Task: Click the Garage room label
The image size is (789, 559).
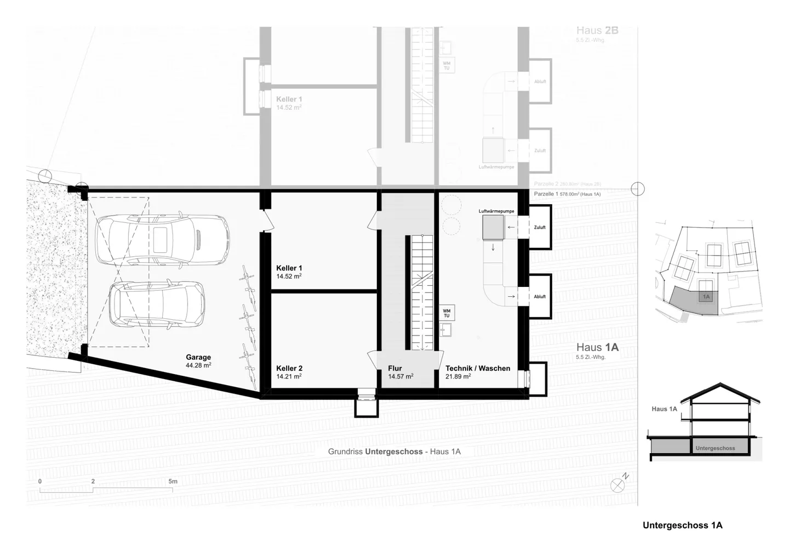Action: (x=198, y=357)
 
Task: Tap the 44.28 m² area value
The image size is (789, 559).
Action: (x=198, y=365)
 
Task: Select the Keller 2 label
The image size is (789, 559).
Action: (x=289, y=368)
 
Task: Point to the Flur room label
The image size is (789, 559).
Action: (x=395, y=368)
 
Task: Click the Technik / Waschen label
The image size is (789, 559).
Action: (x=478, y=368)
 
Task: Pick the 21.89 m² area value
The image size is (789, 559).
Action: (x=458, y=376)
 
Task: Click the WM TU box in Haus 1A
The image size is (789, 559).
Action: (x=447, y=313)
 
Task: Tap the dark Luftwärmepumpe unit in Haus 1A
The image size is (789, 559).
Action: (x=493, y=227)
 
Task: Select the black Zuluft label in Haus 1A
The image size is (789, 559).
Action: (x=540, y=227)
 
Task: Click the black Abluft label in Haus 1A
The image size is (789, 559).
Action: (x=540, y=297)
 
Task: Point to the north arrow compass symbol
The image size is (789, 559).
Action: (x=618, y=485)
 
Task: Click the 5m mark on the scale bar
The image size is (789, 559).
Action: (x=173, y=482)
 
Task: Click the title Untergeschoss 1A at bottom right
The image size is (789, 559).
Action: (x=682, y=525)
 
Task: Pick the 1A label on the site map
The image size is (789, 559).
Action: (x=706, y=297)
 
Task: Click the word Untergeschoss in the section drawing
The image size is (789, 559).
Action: (x=715, y=448)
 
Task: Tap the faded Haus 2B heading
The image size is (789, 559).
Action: (x=597, y=31)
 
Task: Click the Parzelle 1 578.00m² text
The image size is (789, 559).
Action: (x=567, y=194)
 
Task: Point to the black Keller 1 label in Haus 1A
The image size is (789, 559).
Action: (x=289, y=268)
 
